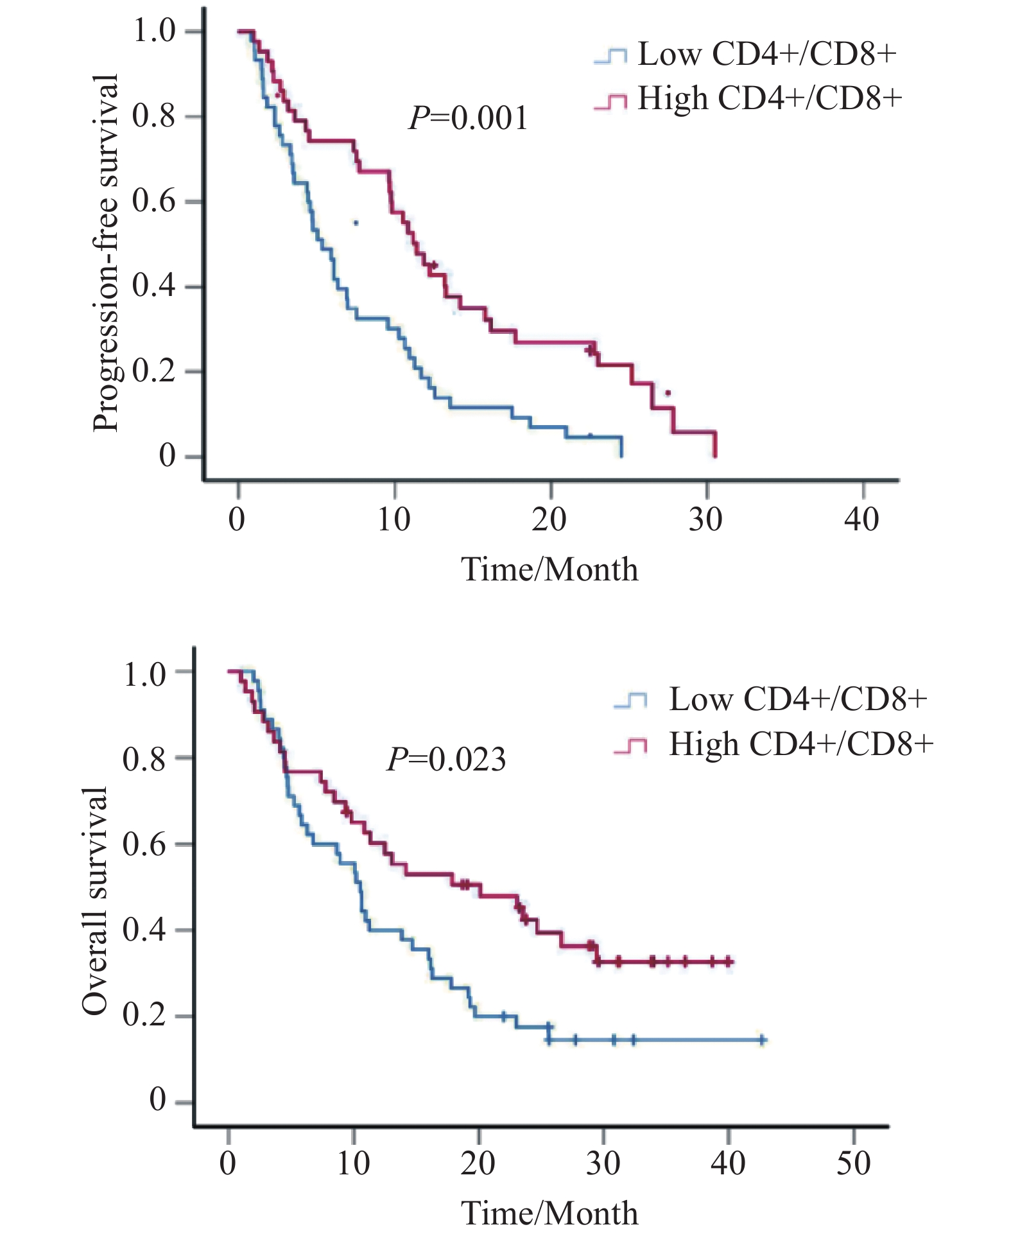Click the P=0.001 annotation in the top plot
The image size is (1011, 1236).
pyautogui.click(x=468, y=118)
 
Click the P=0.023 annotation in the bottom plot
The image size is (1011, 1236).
pyautogui.click(x=446, y=759)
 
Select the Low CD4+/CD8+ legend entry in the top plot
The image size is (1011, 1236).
pyautogui.click(x=745, y=55)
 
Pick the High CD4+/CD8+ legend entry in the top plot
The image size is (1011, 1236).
pyautogui.click(x=748, y=99)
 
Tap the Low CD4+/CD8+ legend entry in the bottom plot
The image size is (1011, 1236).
pyautogui.click(x=770, y=699)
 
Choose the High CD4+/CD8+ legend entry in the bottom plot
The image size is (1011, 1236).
pyautogui.click(x=773, y=745)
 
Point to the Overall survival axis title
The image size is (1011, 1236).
pyautogui.click(x=95, y=901)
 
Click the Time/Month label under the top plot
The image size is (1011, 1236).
pyautogui.click(x=550, y=570)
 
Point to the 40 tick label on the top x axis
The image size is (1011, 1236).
pyautogui.click(x=862, y=519)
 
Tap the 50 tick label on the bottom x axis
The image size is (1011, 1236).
pyautogui.click(x=853, y=1163)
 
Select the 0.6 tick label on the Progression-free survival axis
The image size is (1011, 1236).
pyautogui.click(x=153, y=202)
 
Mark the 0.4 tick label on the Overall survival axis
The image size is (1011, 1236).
pyautogui.click(x=144, y=930)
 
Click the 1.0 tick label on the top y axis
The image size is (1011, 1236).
pyautogui.click(x=153, y=31)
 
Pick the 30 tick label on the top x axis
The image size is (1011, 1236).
pyautogui.click(x=706, y=519)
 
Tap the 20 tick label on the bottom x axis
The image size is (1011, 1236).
pyautogui.click(x=478, y=1163)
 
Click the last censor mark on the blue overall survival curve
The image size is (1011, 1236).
pyautogui.click(x=762, y=1040)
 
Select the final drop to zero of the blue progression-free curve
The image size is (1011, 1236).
pyautogui.click(x=621, y=448)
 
